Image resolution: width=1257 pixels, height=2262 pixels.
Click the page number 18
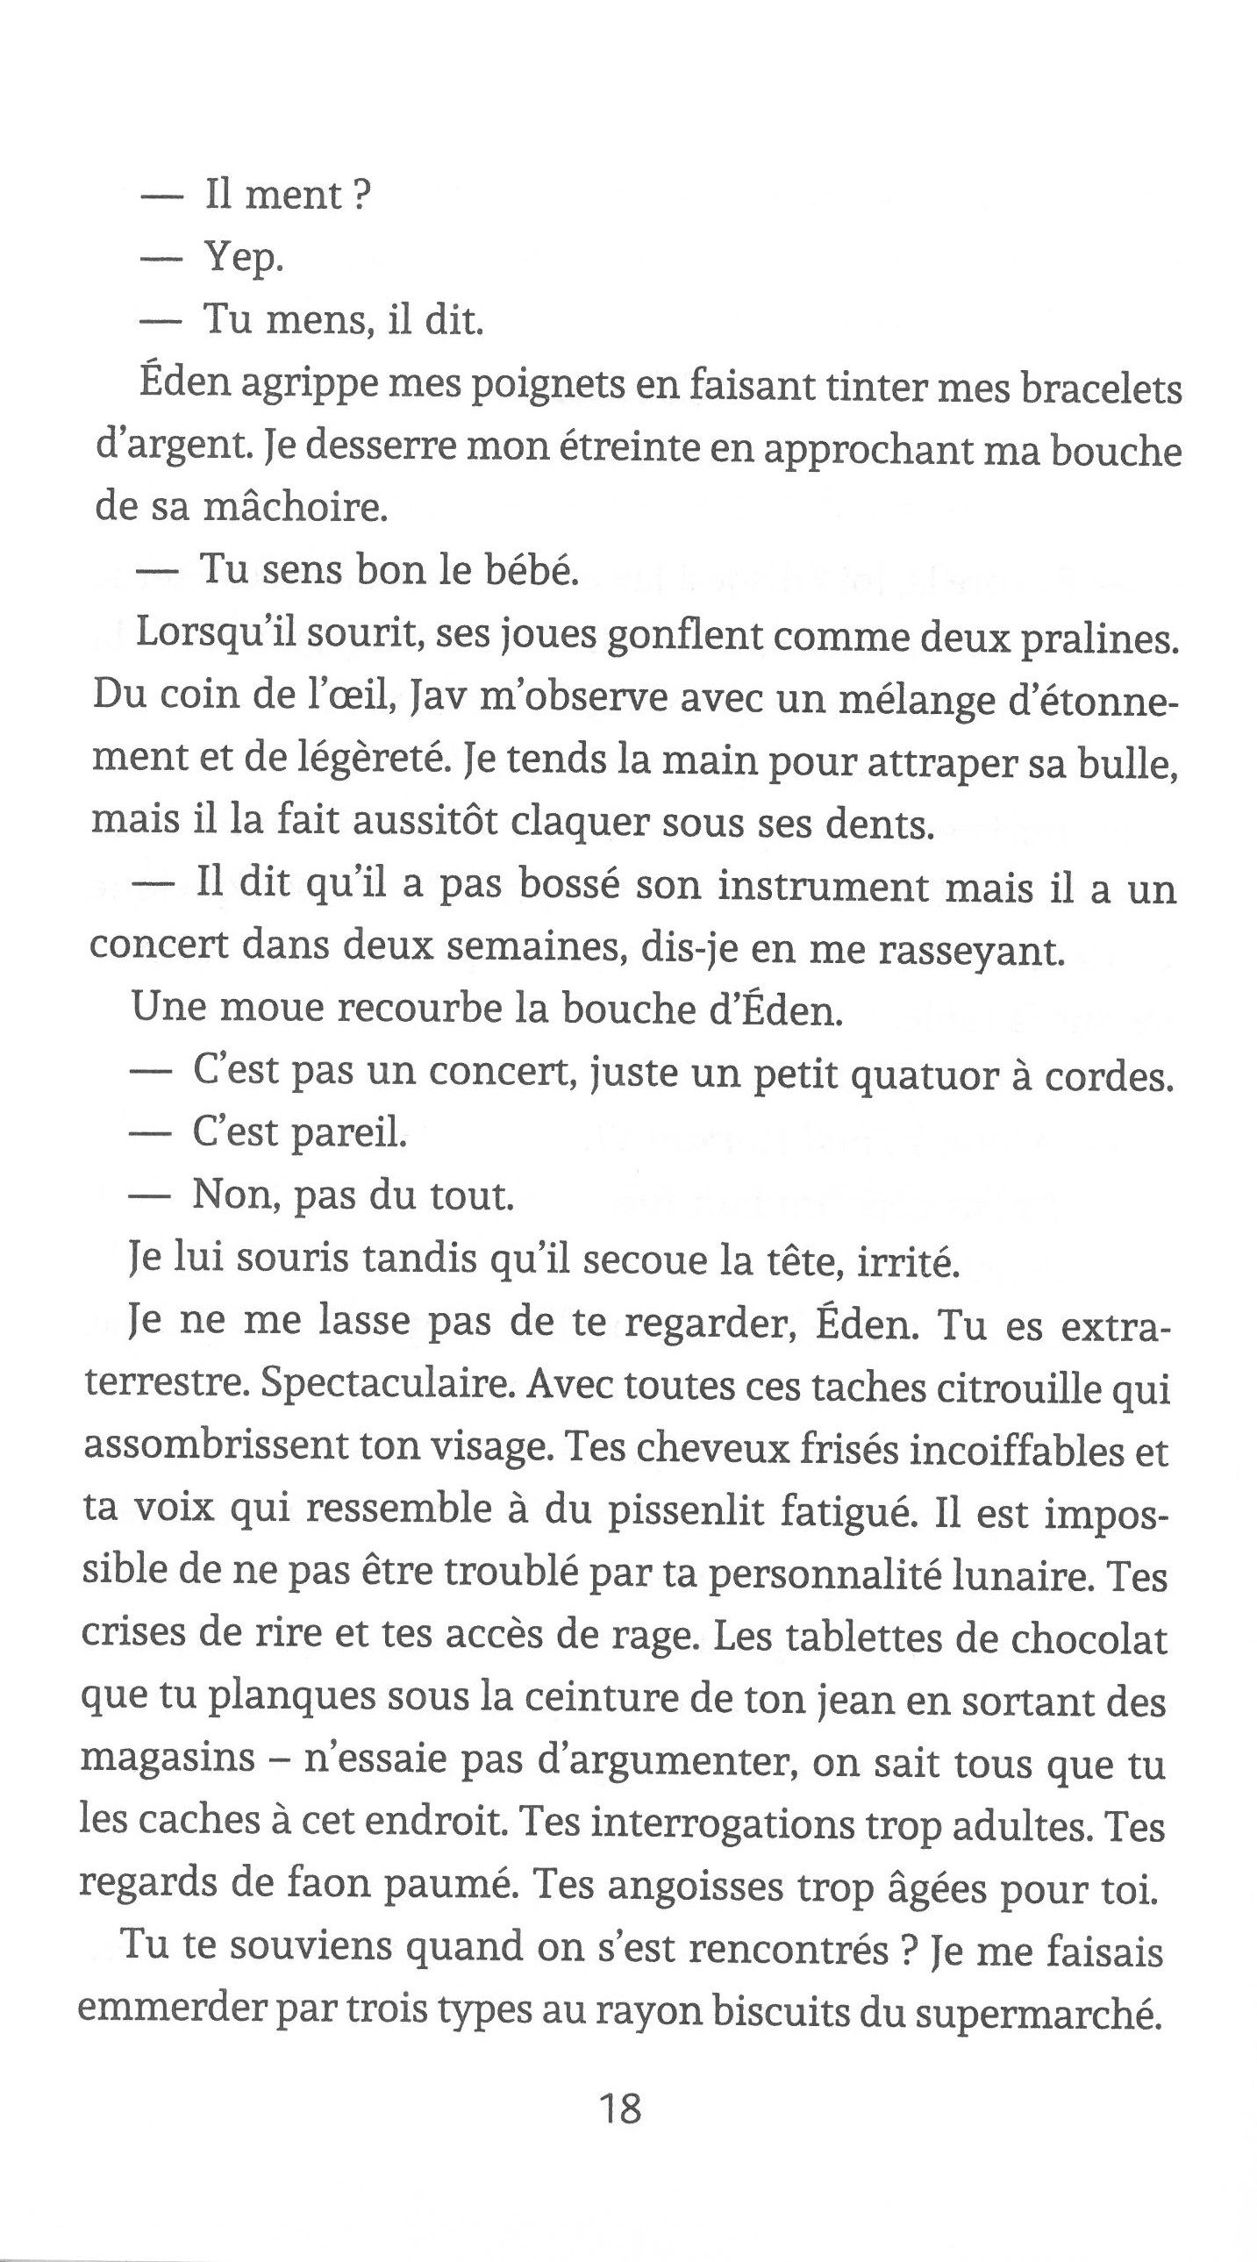click(619, 2109)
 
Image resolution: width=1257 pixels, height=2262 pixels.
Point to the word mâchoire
click(294, 509)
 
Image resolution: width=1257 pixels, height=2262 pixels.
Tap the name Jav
click(438, 697)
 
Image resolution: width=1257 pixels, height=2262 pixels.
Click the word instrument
click(821, 886)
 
